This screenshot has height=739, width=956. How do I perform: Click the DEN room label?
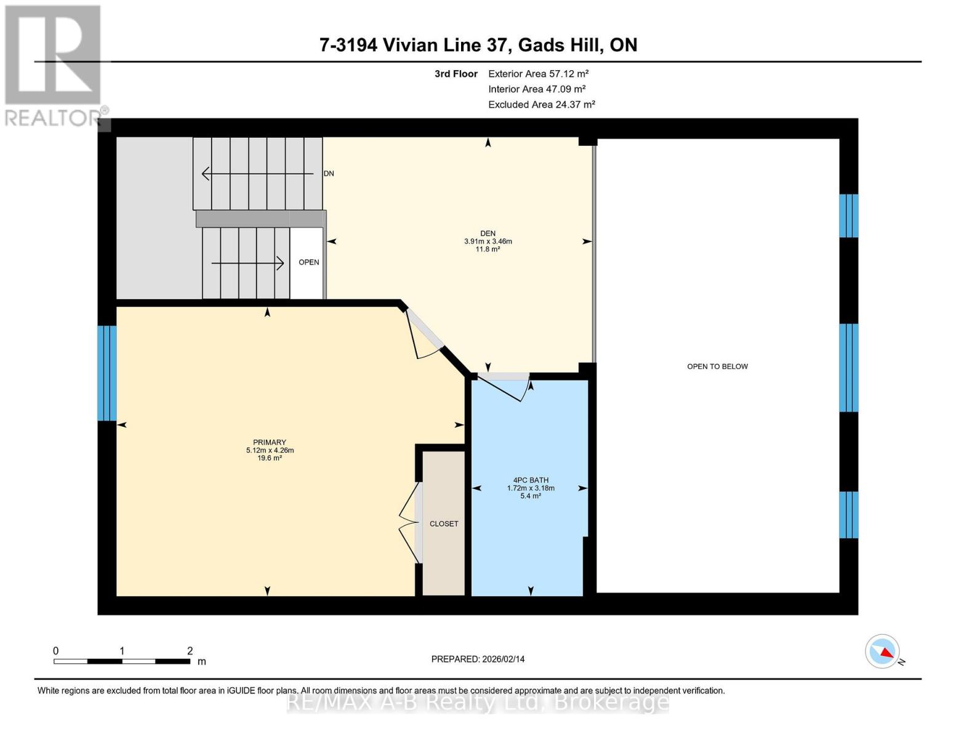coord(488,233)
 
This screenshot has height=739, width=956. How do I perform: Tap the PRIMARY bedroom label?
coord(270,442)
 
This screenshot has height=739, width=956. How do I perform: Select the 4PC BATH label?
coord(530,480)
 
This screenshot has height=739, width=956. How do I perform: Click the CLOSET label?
coord(444,523)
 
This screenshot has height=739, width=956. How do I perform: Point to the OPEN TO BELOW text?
coord(717,366)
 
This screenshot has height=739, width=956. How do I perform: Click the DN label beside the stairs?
coord(329,174)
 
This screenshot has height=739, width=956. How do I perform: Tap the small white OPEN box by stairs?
coord(308,262)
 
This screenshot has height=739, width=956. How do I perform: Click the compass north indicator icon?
coord(883,652)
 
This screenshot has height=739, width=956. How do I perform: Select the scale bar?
coord(122,661)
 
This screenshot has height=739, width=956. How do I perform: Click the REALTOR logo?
coord(54,65)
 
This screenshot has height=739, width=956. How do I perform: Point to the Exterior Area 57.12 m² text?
coord(538,74)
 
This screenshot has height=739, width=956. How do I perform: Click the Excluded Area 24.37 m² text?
coord(541,105)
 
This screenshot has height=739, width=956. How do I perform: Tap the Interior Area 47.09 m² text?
coord(536,89)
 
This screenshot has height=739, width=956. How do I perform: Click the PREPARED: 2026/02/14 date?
coord(478,659)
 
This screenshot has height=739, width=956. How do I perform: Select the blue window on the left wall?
coord(107,373)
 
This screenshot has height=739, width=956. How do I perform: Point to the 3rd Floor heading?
coord(456,74)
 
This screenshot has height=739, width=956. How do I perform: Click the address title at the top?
coord(478,45)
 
